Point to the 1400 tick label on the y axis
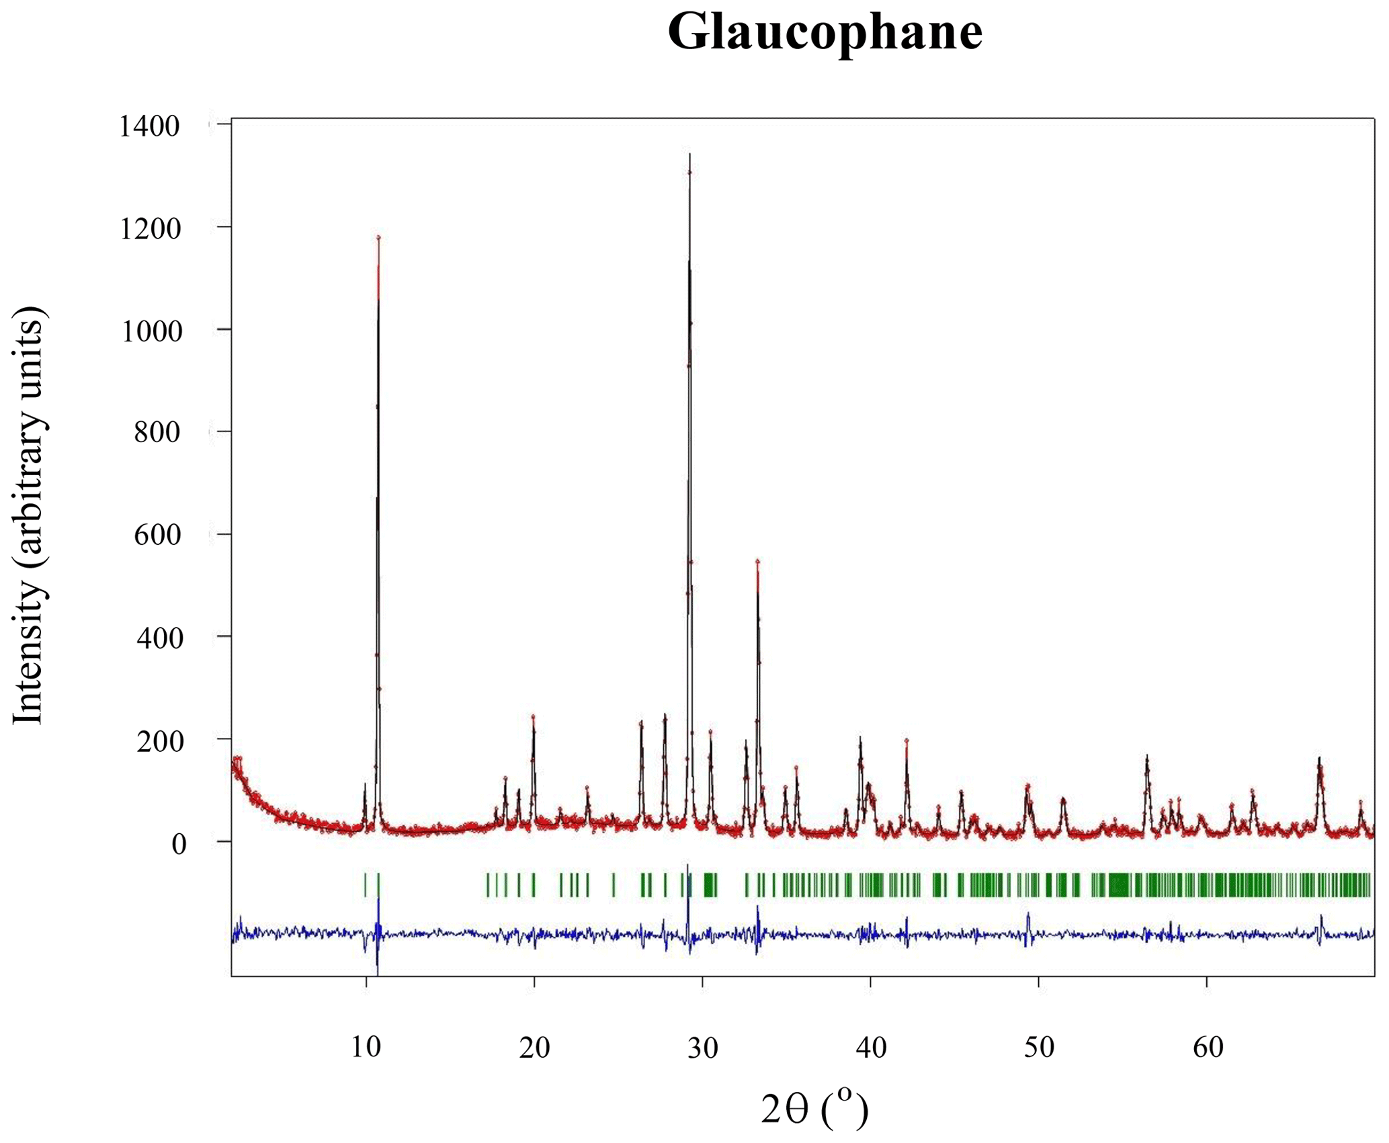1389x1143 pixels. pos(149,126)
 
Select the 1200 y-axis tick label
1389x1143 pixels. pos(149,229)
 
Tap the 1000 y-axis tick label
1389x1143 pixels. pos(151,332)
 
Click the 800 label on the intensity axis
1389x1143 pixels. pos(157,433)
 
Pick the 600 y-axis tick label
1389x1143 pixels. pos(157,536)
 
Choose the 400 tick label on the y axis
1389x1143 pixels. pos(159,638)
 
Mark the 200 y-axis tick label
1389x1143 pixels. pos(159,741)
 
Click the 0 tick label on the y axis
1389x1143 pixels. pos(178,844)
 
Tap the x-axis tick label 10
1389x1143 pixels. pos(366,1047)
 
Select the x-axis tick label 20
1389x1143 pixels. pos(534,1047)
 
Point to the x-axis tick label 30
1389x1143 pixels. pos(702,1047)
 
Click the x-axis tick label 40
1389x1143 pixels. pos(871,1047)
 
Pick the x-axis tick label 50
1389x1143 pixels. pos(1039,1047)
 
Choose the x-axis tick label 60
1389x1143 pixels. pos(1208,1047)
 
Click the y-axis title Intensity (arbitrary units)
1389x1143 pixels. pos(28,515)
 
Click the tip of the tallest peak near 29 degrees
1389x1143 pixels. pos(689,155)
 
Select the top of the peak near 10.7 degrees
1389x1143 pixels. pos(378,237)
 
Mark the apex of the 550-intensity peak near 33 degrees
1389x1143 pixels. pos(757,560)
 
